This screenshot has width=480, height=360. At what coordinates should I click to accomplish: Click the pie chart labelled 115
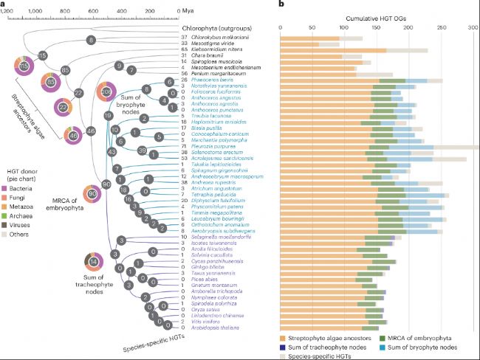[x=24, y=67]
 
